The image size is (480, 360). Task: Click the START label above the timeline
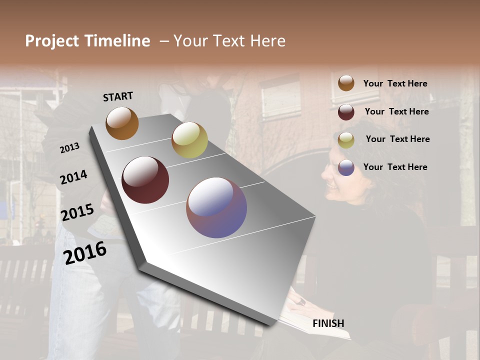click(118, 96)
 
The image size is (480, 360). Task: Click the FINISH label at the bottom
click(328, 323)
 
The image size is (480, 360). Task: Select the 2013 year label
click(69, 148)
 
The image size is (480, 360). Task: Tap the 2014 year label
click(73, 177)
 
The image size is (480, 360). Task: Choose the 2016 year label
click(85, 252)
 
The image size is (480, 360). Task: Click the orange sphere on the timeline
click(122, 123)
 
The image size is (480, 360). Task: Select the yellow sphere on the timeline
click(189, 140)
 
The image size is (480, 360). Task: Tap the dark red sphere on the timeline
click(145, 180)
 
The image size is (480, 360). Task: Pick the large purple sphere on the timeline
click(216, 207)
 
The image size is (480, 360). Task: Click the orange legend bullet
click(346, 83)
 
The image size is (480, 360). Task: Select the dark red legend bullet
click(346, 112)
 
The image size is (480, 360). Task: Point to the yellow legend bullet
click(346, 140)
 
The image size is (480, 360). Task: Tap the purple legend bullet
click(346, 167)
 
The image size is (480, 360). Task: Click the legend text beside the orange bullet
click(395, 83)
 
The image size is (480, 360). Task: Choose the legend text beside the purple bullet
click(395, 167)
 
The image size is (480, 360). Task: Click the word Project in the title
click(52, 41)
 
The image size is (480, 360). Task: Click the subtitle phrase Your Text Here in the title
click(229, 41)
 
